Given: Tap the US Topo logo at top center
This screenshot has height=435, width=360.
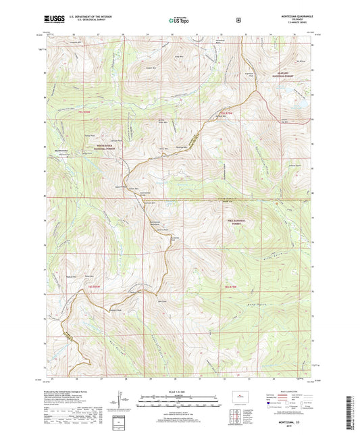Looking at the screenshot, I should click(x=179, y=21).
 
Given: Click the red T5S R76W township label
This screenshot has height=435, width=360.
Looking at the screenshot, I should click(x=83, y=112).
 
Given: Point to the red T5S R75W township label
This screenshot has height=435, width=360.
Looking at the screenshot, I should click(x=226, y=112).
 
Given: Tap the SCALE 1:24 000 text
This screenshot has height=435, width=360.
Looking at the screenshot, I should click(x=179, y=392).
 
